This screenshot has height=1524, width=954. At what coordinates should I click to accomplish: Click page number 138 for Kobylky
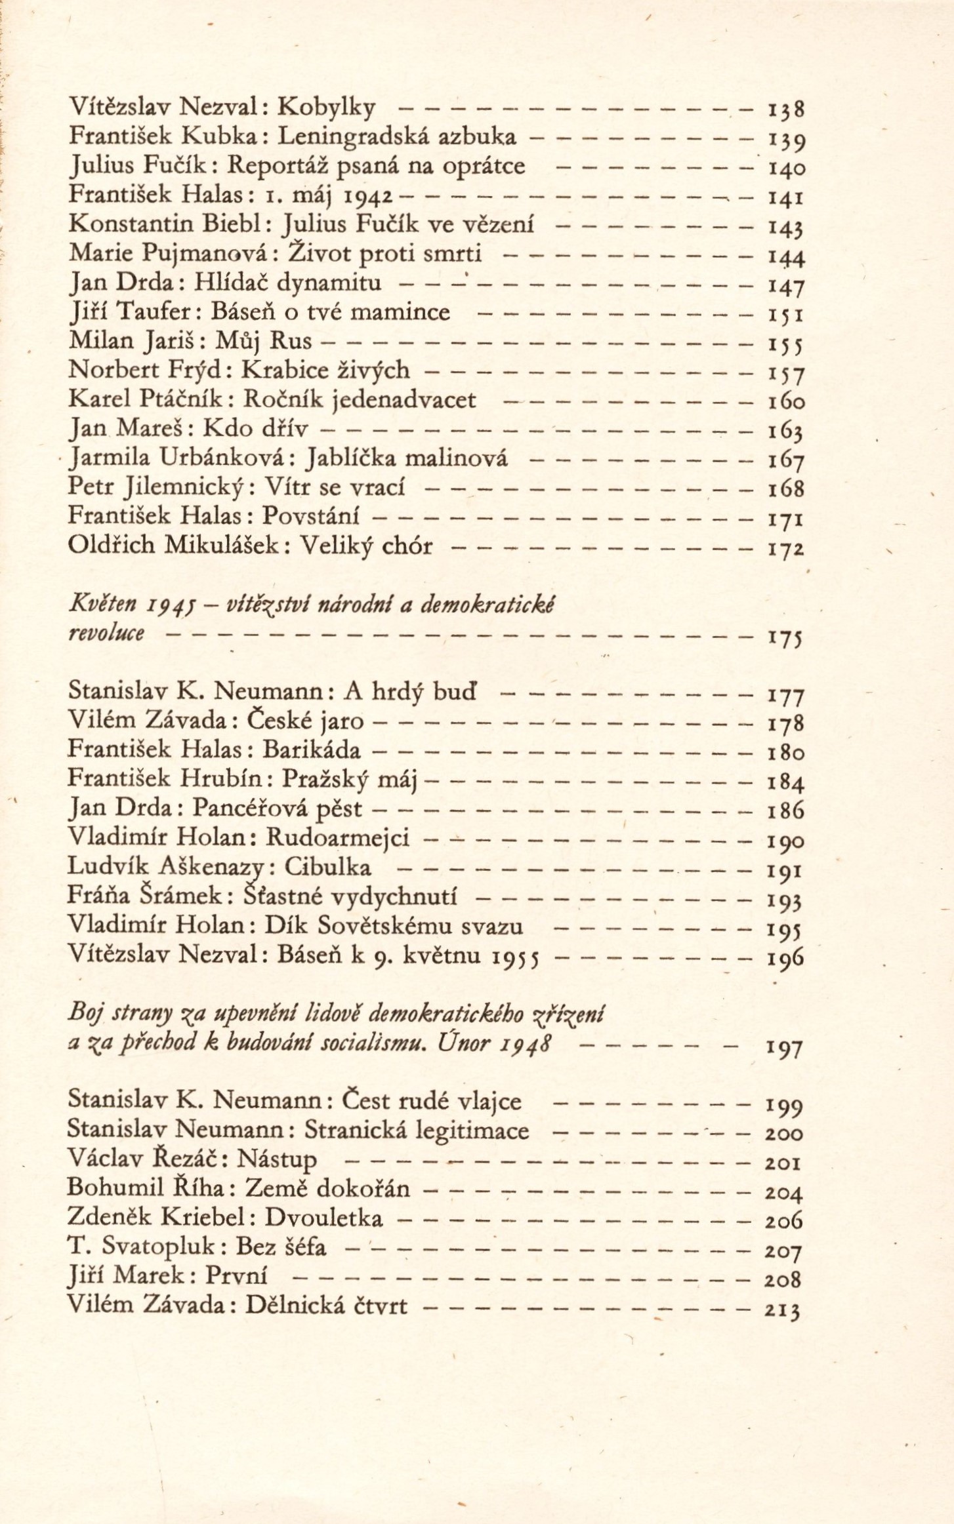pyautogui.click(x=785, y=108)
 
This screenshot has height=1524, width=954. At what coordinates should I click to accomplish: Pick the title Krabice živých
pyautogui.click(x=326, y=371)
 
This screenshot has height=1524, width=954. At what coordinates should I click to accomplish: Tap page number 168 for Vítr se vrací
pyautogui.click(x=785, y=489)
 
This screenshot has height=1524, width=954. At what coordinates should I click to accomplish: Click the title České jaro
pyautogui.click(x=304, y=721)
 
